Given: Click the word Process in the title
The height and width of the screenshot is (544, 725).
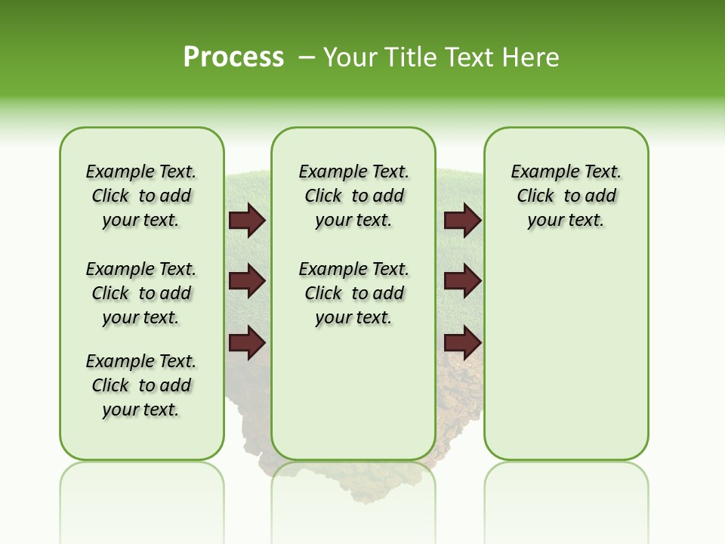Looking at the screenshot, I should [x=233, y=57].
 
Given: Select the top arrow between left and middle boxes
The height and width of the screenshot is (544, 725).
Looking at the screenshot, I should [x=247, y=221].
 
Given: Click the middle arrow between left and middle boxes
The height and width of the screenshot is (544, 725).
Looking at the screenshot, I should [x=247, y=282].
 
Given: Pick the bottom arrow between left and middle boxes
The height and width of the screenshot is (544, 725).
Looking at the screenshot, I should [x=247, y=343].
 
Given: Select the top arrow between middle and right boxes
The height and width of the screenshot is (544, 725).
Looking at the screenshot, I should [x=462, y=221].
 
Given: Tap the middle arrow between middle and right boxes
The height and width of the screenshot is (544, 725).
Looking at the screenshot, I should [x=462, y=282].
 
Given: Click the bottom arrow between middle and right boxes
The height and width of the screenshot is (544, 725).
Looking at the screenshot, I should [x=462, y=343].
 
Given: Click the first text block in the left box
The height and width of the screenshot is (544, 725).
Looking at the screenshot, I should [x=141, y=196].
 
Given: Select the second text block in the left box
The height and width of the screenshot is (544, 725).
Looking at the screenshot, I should [x=141, y=293].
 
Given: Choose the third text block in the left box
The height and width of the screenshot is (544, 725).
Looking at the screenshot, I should [x=141, y=385].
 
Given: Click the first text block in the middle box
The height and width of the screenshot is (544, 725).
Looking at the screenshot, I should [x=353, y=196].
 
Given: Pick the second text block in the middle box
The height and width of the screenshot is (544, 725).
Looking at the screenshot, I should [x=353, y=293].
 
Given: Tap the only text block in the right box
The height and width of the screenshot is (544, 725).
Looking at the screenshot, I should [x=566, y=196].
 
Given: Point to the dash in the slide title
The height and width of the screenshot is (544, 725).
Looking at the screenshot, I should [x=307, y=57].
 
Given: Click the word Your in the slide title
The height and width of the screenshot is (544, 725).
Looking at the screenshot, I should [x=350, y=57].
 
